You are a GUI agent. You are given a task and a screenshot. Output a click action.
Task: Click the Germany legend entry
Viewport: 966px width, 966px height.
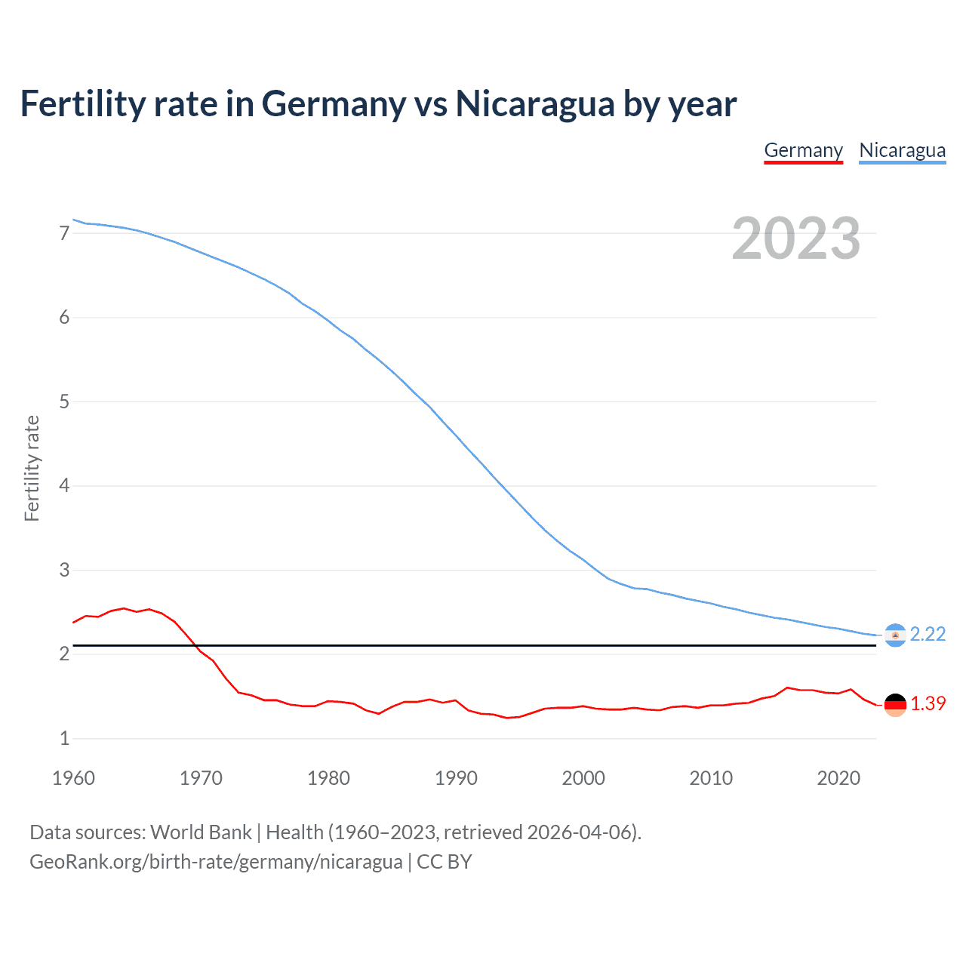pos(803,150)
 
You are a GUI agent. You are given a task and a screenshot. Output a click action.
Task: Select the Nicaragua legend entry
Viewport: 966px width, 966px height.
pos(902,150)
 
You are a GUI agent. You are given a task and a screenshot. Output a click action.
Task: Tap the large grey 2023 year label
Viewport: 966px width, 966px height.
pos(796,238)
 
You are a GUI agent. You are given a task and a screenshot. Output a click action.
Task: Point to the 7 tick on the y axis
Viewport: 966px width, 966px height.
pos(65,233)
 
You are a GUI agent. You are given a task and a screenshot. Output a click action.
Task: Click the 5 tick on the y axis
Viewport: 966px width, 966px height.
pos(65,401)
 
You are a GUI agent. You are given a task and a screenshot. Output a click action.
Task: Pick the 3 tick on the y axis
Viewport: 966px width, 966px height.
pos(65,570)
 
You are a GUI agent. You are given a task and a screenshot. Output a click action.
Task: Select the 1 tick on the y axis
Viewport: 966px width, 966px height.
pos(65,738)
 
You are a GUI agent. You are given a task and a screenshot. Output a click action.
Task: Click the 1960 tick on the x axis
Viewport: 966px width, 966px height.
pos(73,778)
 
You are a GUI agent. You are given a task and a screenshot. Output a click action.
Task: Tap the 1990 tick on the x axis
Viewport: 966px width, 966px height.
pos(456,778)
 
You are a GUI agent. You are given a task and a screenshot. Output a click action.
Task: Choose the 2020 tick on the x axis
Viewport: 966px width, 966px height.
pos(838,778)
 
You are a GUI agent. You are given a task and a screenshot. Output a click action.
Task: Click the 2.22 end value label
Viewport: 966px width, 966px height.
pos(928,634)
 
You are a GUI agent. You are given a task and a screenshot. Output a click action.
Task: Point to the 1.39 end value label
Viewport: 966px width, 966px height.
pos(928,703)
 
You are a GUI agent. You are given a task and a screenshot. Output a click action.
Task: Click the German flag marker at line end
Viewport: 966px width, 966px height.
pos(895,705)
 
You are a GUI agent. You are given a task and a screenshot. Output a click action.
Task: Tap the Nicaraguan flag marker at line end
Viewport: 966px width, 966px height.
pos(895,635)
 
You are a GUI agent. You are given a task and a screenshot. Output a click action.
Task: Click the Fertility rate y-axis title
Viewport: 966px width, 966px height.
pos(32,468)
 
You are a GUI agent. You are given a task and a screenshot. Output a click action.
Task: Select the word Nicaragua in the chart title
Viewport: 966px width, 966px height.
pos(534,103)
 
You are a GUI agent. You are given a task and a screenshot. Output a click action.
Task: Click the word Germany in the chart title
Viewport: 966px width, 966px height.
pos(334,103)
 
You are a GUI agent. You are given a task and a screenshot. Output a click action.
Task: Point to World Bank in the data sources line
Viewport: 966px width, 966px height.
pos(201,832)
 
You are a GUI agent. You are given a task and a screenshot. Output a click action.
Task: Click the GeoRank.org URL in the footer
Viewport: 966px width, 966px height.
pos(216,862)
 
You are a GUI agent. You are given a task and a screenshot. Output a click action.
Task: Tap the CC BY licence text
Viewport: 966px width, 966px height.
pos(445,862)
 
